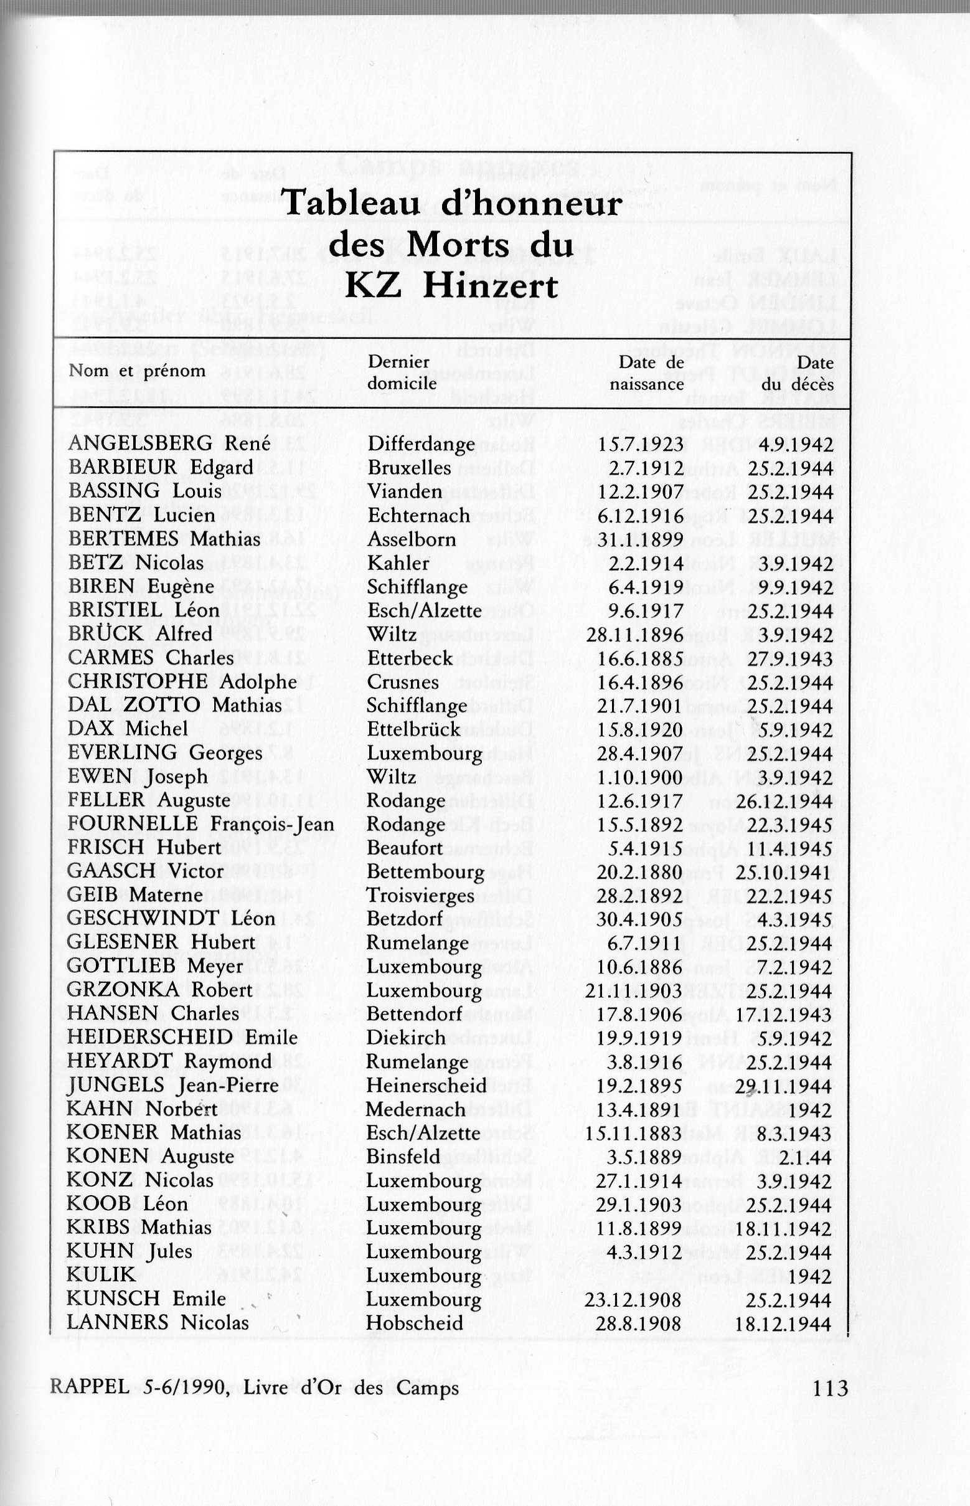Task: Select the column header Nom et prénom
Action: point(138,371)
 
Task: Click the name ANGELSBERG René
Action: point(169,443)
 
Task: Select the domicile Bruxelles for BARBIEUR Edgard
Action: point(410,468)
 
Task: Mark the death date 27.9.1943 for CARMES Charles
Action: point(790,658)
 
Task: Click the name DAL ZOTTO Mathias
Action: point(175,705)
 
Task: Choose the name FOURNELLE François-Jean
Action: point(200,823)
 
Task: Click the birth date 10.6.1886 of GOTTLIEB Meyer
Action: point(639,967)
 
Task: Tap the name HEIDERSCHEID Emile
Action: point(182,1038)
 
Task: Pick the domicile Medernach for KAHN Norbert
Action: point(416,1109)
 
